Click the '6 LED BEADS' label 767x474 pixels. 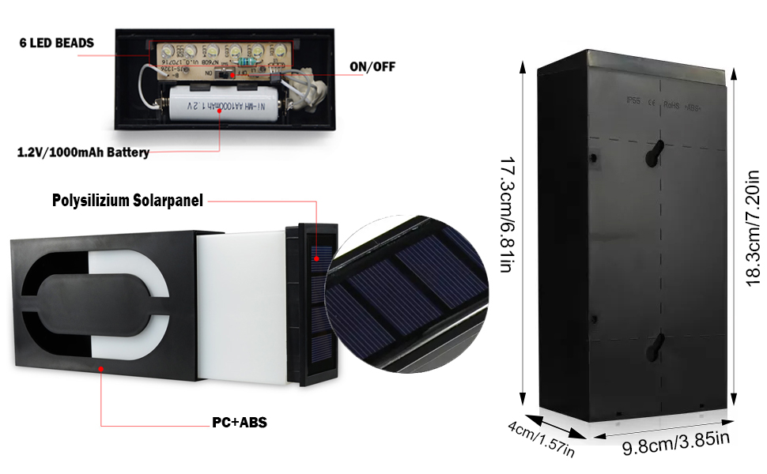[x=57, y=43]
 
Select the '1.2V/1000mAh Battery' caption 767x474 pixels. [x=83, y=152]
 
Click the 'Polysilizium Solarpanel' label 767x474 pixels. [x=127, y=201]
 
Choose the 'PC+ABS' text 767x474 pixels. [x=239, y=423]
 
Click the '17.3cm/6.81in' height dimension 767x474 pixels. [x=505, y=216]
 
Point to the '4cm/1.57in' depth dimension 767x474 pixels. [x=541, y=439]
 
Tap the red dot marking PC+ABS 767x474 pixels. [x=100, y=367]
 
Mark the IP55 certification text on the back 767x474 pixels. [x=633, y=102]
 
